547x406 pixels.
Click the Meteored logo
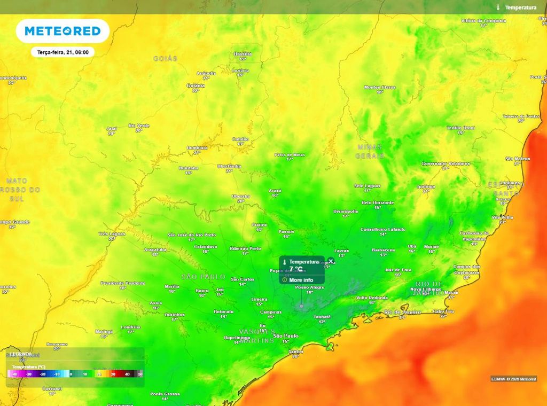pos(62,31)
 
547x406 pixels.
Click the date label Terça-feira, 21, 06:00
pos(62,52)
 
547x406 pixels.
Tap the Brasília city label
pos(242,54)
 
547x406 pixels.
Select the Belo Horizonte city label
pos(378,202)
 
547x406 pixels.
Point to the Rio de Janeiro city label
pos(403,311)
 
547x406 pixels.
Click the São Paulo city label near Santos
pos(285,335)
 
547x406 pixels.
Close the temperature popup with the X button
pos(331,261)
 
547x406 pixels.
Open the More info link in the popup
pos(301,279)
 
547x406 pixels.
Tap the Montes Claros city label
pos(380,87)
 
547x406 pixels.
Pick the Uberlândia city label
pos(229,166)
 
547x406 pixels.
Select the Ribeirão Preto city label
pos(245,248)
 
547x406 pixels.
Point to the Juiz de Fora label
pos(397,270)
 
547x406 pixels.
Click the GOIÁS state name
pos(165,58)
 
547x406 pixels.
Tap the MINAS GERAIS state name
pos(370,151)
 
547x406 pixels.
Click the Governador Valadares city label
pos(446,163)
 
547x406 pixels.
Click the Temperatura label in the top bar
pos(520,7)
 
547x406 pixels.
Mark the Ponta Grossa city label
pos(165,394)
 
